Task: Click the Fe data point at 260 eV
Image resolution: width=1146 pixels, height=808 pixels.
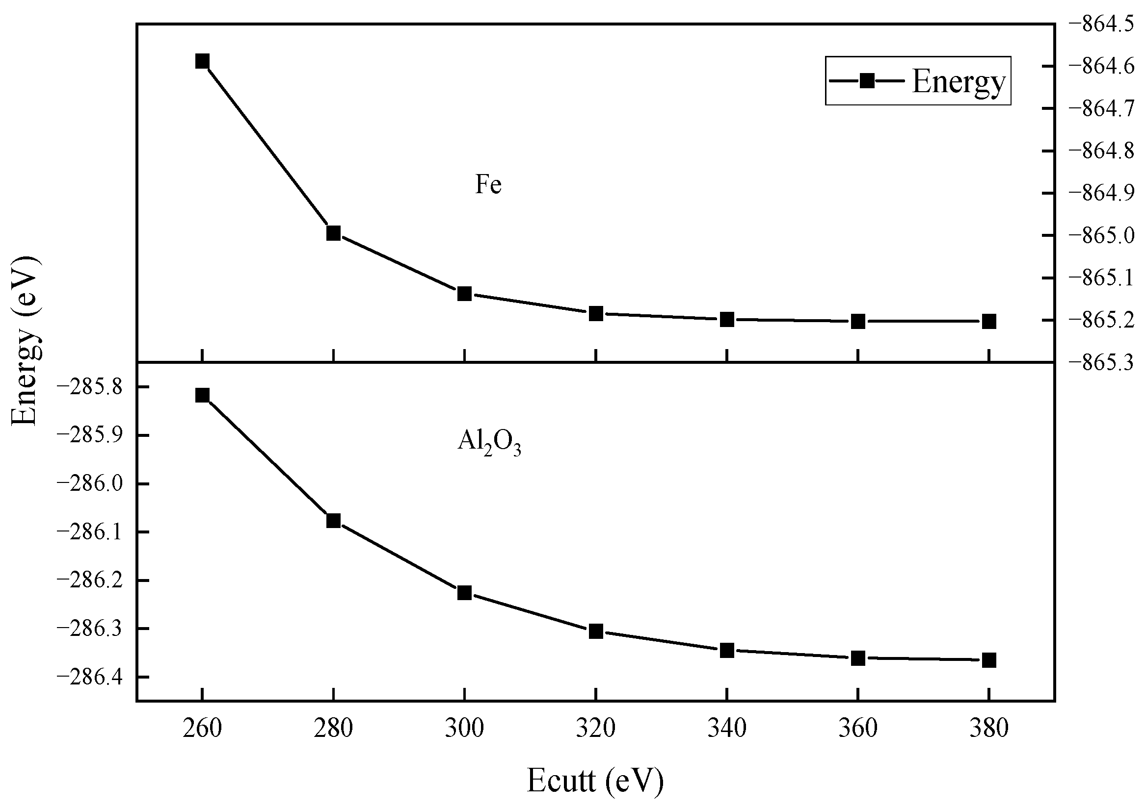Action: (202, 61)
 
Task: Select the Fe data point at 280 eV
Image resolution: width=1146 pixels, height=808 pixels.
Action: (333, 233)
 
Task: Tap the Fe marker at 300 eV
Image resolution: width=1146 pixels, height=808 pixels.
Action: (465, 293)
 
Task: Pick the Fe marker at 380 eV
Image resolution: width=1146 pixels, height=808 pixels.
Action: (989, 321)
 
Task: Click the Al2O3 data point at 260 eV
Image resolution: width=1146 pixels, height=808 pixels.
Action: (202, 396)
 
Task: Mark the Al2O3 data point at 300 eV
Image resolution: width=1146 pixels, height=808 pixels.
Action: (465, 593)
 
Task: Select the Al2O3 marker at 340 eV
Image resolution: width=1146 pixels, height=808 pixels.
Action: (727, 651)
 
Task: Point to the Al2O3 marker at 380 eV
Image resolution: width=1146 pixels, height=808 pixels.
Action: (989, 660)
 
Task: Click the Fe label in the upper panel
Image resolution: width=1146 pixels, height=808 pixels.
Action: (488, 184)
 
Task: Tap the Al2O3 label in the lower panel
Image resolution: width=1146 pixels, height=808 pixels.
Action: (489, 442)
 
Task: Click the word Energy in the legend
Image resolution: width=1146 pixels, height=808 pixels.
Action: (959, 81)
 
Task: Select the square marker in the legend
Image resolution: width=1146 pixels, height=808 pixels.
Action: (867, 81)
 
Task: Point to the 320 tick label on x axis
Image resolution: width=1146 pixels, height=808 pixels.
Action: (595, 729)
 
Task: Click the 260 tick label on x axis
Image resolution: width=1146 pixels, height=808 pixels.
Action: (202, 729)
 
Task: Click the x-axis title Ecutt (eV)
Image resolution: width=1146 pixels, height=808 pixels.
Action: (595, 781)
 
